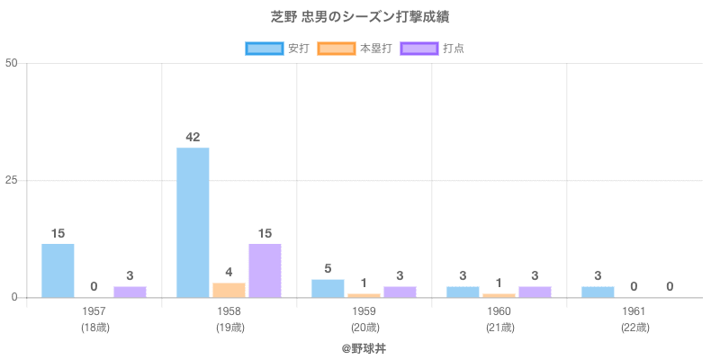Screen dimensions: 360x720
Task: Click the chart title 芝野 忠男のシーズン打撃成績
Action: [360, 17]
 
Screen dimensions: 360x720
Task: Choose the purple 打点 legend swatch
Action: [419, 48]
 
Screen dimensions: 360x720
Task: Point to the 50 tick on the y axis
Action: [12, 63]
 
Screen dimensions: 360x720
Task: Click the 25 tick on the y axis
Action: [12, 180]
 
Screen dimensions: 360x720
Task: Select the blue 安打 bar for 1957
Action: [58, 270]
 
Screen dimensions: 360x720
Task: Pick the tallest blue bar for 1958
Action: [193, 222]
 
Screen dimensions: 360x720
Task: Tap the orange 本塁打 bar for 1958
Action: [229, 290]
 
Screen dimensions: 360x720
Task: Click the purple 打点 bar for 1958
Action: [265, 270]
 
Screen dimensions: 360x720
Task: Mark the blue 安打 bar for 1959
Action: [328, 288]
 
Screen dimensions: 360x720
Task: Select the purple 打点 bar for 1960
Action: [535, 292]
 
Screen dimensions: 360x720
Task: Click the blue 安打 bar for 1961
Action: [598, 292]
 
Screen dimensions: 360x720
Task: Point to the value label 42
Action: [193, 137]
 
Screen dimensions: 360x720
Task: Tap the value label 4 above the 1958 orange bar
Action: [229, 272]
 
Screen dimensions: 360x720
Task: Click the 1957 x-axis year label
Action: [94, 311]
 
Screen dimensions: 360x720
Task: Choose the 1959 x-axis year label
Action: [364, 311]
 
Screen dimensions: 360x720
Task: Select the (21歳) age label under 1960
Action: [499, 328]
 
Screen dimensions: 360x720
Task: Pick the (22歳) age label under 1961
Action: [634, 328]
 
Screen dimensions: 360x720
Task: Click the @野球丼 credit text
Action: [364, 347]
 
